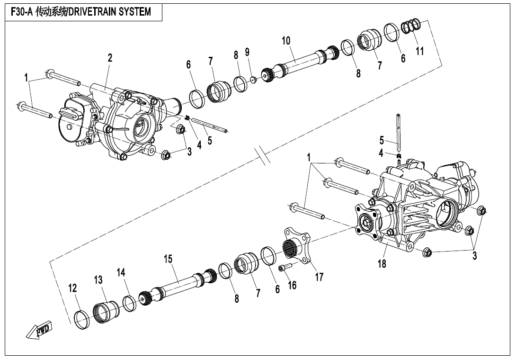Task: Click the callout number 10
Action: click(286, 41)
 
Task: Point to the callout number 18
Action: click(382, 264)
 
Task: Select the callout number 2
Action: click(110, 58)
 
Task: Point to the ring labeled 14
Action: click(129, 303)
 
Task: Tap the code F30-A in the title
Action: click(21, 12)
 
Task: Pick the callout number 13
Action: click(98, 280)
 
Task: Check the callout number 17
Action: click(319, 277)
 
